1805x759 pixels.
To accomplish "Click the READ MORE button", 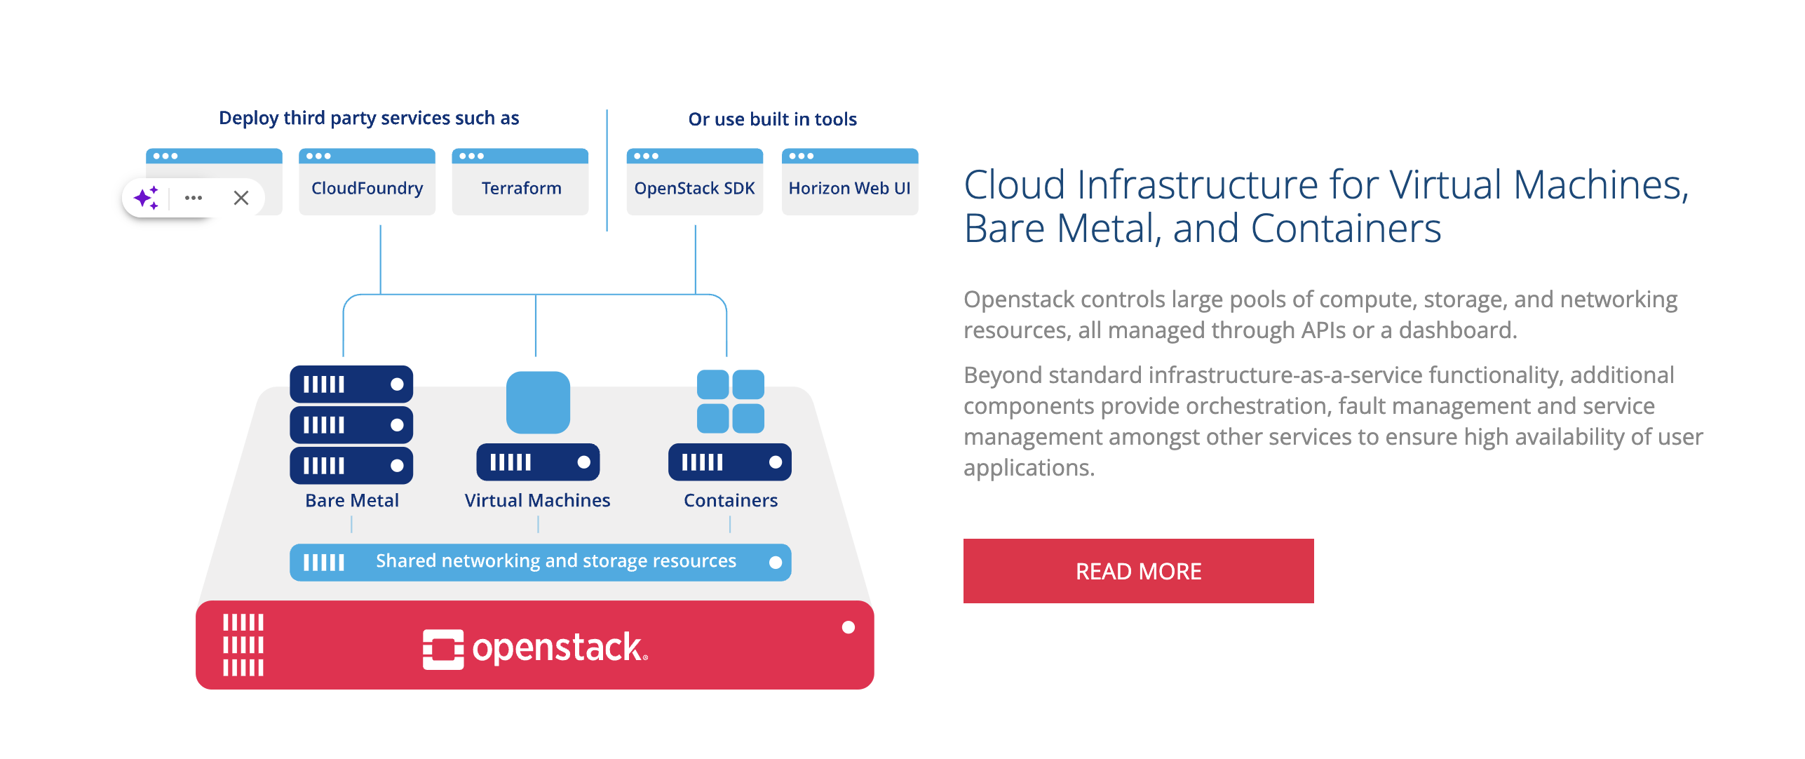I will [x=1137, y=571].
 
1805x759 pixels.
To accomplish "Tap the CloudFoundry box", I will [x=367, y=187].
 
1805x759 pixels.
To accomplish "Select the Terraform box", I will [x=520, y=187].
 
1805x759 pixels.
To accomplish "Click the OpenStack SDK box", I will [x=694, y=187].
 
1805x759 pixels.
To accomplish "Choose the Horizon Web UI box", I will [x=849, y=187].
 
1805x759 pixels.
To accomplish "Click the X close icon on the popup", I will [x=241, y=198].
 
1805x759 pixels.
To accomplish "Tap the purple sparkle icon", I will [x=147, y=198].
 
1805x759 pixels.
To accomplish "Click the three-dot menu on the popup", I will [x=194, y=198].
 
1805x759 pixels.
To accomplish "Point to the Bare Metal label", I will [x=352, y=500].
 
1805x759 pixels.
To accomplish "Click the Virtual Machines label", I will [x=537, y=500].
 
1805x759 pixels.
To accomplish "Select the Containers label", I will [x=731, y=500].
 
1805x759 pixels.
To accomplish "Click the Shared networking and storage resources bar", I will [x=541, y=562].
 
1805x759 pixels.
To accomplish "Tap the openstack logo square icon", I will [x=443, y=649].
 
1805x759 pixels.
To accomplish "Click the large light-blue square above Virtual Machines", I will [x=538, y=402].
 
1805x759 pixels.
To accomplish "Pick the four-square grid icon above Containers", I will [x=730, y=401].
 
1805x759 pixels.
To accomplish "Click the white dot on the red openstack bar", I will [x=849, y=627].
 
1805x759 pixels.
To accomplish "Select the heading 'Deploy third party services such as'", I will [x=369, y=118].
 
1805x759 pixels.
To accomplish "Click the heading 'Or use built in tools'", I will [x=772, y=119].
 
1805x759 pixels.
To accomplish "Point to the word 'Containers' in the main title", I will [x=1346, y=229].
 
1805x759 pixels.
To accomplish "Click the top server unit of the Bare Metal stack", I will [x=351, y=384].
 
